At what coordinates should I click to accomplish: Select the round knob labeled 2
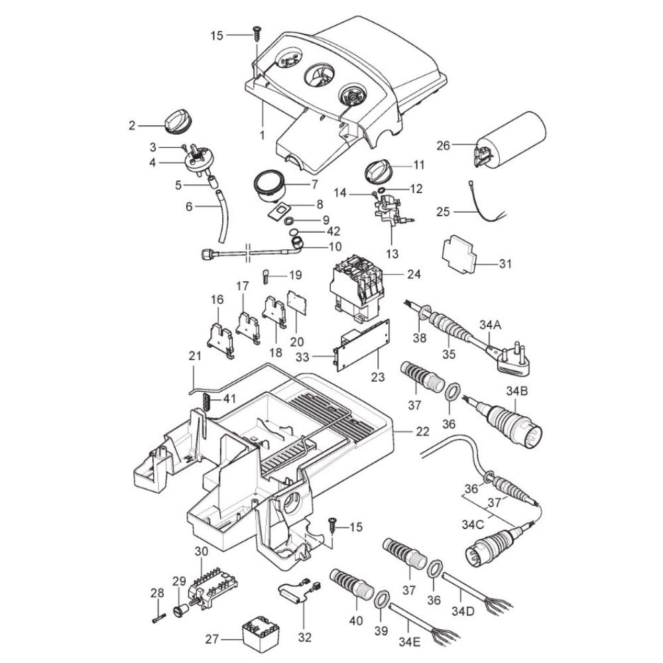(x=176, y=121)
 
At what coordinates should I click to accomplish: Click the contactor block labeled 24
(x=358, y=285)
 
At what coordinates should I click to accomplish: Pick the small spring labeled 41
(x=206, y=401)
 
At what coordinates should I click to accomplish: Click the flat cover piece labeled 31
(x=461, y=256)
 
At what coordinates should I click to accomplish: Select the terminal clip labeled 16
(x=219, y=339)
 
